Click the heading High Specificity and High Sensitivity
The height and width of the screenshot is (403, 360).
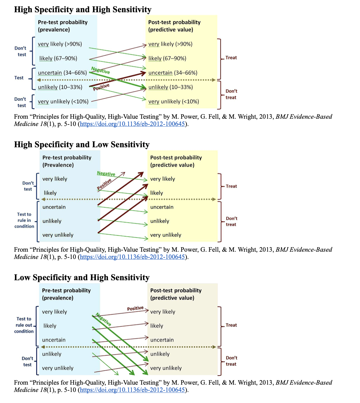[x=83, y=10]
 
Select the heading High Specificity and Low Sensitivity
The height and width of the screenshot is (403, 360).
[x=82, y=145]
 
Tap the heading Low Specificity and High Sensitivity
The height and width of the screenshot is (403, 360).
[x=82, y=277]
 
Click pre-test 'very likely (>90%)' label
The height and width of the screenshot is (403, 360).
[x=60, y=44]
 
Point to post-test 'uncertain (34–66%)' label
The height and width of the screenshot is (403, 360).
[x=173, y=73]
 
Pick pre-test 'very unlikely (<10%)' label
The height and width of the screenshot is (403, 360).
[x=63, y=101]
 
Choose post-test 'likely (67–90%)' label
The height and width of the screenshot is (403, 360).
[x=167, y=58]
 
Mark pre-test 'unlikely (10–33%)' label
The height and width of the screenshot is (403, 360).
[x=60, y=87]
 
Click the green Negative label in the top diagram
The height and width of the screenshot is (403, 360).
[x=101, y=70]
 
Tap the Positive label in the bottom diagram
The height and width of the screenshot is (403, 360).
[x=135, y=308]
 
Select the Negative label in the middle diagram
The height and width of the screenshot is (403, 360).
[x=106, y=174]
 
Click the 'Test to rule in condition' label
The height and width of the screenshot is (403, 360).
[x=24, y=220]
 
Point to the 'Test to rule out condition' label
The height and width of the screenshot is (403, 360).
[x=24, y=325]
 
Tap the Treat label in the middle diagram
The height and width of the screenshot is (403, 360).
[x=231, y=186]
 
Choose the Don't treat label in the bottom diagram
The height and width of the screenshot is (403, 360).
[x=231, y=361]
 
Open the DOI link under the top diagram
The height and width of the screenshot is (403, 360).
[x=132, y=124]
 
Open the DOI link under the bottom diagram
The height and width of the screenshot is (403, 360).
[x=132, y=390]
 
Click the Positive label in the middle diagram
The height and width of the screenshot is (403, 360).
[x=104, y=184]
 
